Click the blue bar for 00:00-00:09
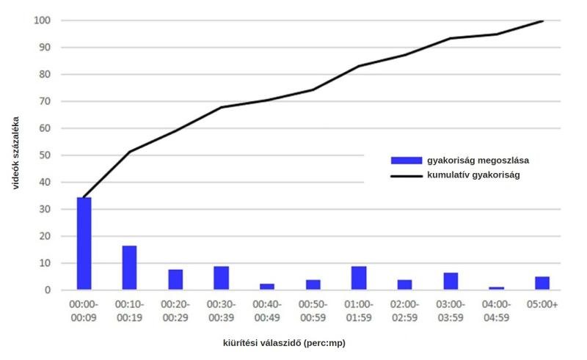click(84, 243)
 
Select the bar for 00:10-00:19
click(129, 268)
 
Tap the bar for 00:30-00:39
click(222, 278)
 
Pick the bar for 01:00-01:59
click(359, 278)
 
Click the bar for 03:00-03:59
click(451, 281)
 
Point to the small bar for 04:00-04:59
click(496, 288)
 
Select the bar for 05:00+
click(542, 283)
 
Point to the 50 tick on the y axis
click(45, 155)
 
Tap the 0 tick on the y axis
click(48, 290)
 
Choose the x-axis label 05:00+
click(542, 304)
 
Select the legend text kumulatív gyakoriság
click(473, 176)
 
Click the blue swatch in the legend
click(406, 160)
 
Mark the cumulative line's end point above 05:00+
click(542, 21)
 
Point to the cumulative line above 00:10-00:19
click(129, 152)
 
